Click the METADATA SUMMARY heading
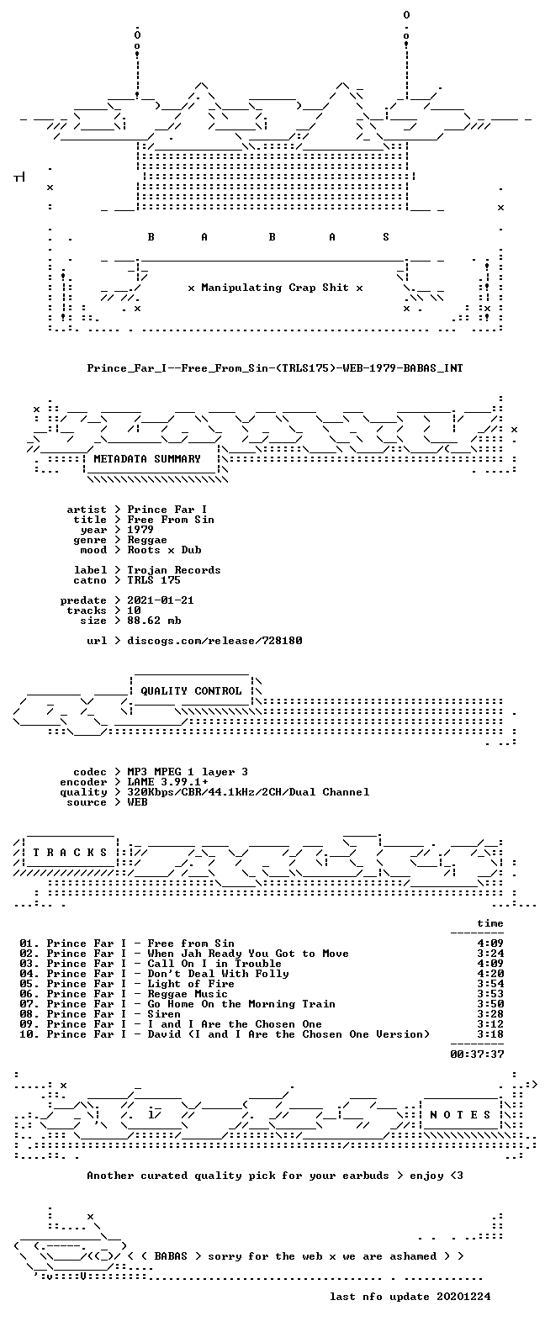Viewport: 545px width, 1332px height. pos(147,459)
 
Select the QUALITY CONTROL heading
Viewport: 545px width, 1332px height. pos(191,691)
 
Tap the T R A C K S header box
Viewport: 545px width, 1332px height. pos(70,852)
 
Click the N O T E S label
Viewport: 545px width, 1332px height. pos(461,1114)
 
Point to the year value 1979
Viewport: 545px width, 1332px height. pos(140,529)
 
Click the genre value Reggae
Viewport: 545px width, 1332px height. pos(147,539)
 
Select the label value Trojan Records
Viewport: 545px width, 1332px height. pos(174,569)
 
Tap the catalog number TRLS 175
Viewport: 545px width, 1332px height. pos(154,579)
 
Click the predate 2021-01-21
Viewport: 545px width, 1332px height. pos(161,600)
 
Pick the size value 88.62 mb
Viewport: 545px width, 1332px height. pos(154,621)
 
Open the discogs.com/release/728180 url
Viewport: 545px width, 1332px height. pos(214,641)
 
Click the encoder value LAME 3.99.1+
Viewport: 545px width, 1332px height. pos(167,782)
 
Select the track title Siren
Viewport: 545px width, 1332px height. pos(164,1014)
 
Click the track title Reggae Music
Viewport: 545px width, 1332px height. pos(188,994)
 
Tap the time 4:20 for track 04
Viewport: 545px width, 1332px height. pos(490,974)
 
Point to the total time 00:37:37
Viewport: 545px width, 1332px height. pos(477,1054)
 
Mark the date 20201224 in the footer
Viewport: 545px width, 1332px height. pos(464,1297)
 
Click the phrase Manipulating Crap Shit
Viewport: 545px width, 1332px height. pos(275,288)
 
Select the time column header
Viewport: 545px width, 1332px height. pos(490,923)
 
